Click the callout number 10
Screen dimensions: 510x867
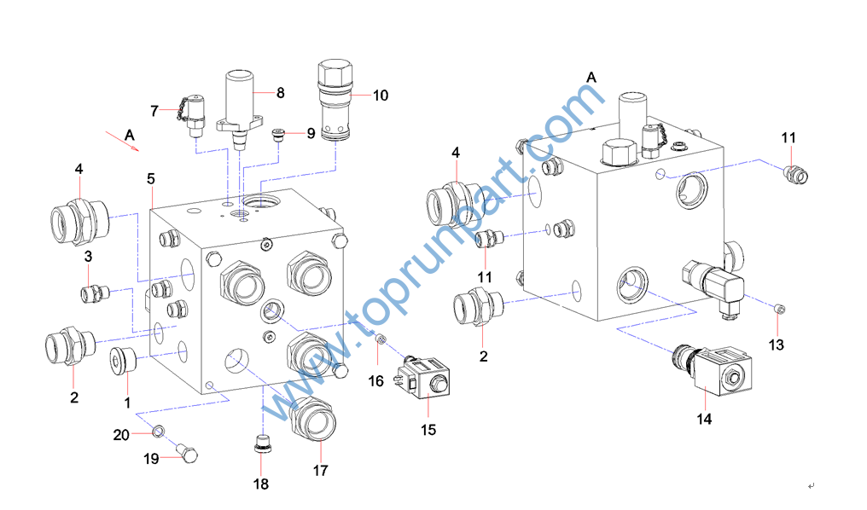click(380, 96)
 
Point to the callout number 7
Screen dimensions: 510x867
click(154, 110)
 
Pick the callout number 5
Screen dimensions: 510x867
click(151, 179)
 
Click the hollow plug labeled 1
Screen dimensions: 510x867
click(123, 360)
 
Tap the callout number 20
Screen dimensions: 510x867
click(121, 434)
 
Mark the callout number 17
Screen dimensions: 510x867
click(320, 470)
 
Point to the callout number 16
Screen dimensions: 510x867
click(376, 381)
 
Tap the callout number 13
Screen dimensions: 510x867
click(776, 345)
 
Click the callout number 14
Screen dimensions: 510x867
click(704, 419)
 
